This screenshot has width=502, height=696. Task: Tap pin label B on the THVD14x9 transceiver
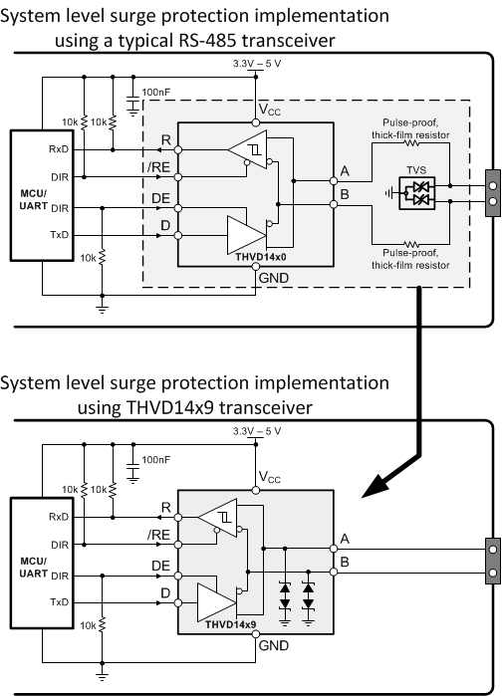(x=344, y=563)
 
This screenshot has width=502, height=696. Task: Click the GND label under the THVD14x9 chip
(x=272, y=646)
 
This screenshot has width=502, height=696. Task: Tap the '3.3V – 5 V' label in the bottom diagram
(x=256, y=431)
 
